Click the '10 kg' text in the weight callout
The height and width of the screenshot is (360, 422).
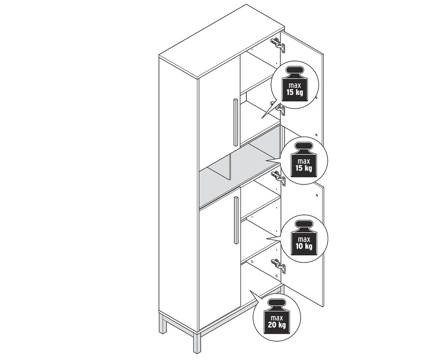[x=304, y=246]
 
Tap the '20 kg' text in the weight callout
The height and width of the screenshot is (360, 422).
[x=276, y=325]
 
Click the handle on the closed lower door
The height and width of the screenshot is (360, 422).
[x=236, y=220]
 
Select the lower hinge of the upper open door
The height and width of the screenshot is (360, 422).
[x=280, y=109]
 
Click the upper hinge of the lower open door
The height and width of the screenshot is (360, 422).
[x=278, y=178]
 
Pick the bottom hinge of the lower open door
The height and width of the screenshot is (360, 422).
[x=279, y=266]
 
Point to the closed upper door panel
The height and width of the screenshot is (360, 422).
[x=218, y=127]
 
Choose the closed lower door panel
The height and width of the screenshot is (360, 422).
[x=218, y=263]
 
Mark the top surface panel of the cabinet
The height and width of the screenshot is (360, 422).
[x=220, y=40]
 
